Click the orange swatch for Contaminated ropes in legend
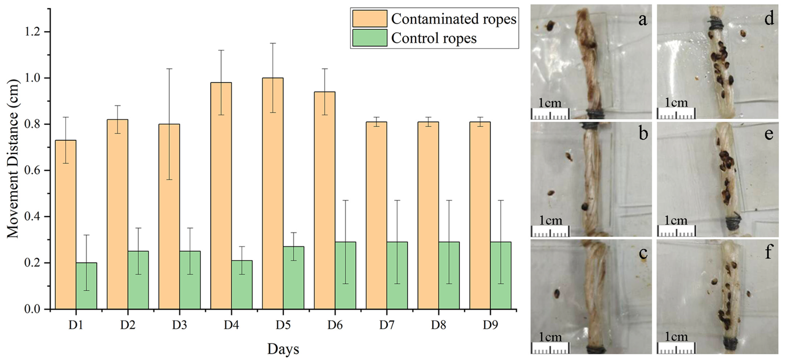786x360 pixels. [x=370, y=19]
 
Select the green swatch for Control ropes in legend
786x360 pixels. [x=370, y=38]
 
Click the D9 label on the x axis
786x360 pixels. [x=490, y=325]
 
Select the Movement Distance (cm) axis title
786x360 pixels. [x=13, y=159]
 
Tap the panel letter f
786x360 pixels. [x=769, y=253]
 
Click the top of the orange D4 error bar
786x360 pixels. [x=221, y=50]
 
